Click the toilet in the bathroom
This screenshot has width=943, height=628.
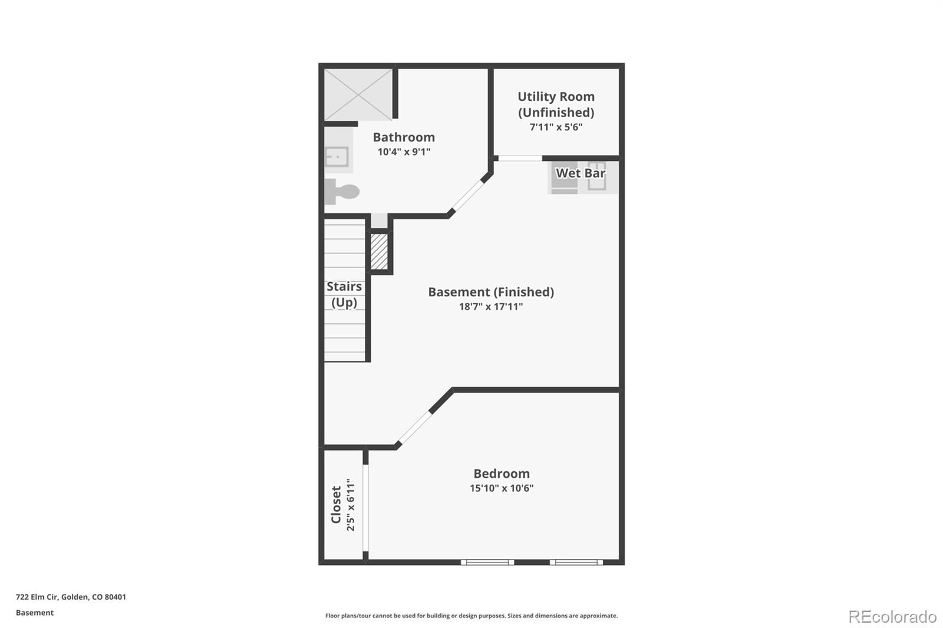tap(342, 191)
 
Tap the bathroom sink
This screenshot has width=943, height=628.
tap(337, 157)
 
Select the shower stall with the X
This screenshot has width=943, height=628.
tap(358, 95)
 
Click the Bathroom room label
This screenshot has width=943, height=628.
tap(404, 137)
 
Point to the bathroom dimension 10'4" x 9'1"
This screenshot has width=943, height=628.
tap(404, 152)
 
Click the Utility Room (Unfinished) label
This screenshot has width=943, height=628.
tap(556, 104)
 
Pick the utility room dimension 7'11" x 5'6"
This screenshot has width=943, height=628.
tap(556, 127)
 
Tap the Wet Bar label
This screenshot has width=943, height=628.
tap(581, 173)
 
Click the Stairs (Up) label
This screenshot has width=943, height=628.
tap(344, 294)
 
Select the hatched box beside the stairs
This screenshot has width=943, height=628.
tap(379, 252)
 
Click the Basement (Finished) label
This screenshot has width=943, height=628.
tap(491, 292)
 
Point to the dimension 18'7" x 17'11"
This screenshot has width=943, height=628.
tap(491, 306)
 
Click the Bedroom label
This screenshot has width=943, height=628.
tap(502, 474)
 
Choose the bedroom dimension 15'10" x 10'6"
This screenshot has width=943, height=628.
tap(502, 488)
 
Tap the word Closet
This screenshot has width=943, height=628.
tap(336, 504)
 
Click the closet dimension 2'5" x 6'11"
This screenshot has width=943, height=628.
tap(351, 505)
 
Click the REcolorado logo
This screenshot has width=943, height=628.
tap(892, 616)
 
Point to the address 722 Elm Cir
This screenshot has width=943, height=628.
tap(71, 597)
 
